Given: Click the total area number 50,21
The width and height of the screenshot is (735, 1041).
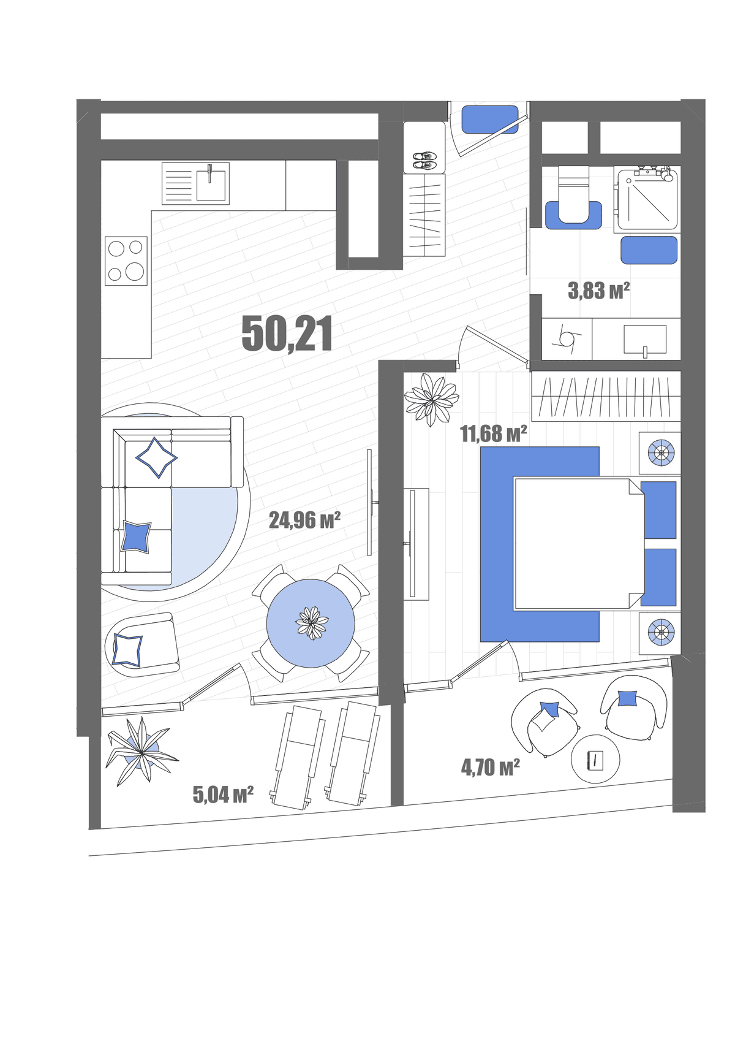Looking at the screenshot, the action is point(287,334).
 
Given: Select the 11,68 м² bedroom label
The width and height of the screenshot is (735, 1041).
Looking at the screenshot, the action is point(493,433).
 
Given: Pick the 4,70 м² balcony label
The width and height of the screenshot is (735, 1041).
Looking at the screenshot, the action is point(490,767).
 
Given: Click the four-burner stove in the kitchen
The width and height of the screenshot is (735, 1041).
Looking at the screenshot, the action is point(126,261).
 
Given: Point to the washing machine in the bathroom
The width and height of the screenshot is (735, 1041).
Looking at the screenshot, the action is point(567,339).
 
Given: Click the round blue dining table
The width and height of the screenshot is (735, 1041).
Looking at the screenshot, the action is point(311,623).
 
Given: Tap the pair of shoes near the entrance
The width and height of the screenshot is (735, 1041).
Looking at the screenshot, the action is point(423,161).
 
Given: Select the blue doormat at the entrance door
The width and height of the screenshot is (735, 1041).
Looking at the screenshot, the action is point(490,120).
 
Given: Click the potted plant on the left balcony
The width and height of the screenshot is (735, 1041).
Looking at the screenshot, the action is point(141,750).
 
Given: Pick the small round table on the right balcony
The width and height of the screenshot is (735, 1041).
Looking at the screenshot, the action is point(595,758).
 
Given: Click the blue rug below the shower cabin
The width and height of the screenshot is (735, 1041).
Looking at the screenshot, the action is point(649,250).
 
